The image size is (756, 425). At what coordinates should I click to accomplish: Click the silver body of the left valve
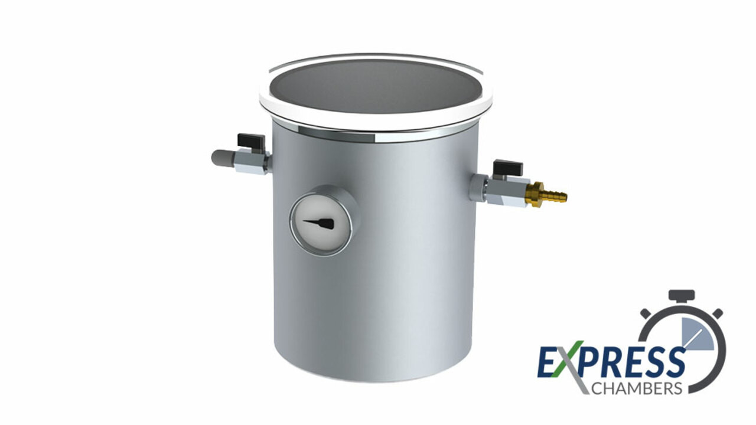pos(251,161)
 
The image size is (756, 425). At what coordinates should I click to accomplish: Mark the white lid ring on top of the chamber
pos(375,119)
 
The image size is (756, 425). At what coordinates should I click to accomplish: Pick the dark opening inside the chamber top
pos(375,86)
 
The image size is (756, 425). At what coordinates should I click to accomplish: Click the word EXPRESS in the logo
pos(611,361)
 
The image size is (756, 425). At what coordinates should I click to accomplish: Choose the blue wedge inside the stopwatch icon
pos(693,331)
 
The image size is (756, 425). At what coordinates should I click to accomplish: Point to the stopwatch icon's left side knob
pos(645,312)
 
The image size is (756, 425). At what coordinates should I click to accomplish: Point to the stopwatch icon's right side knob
pos(717,312)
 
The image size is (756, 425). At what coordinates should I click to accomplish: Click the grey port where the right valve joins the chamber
pos(477,187)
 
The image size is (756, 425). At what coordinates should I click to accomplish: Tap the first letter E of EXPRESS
pos(547,362)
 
